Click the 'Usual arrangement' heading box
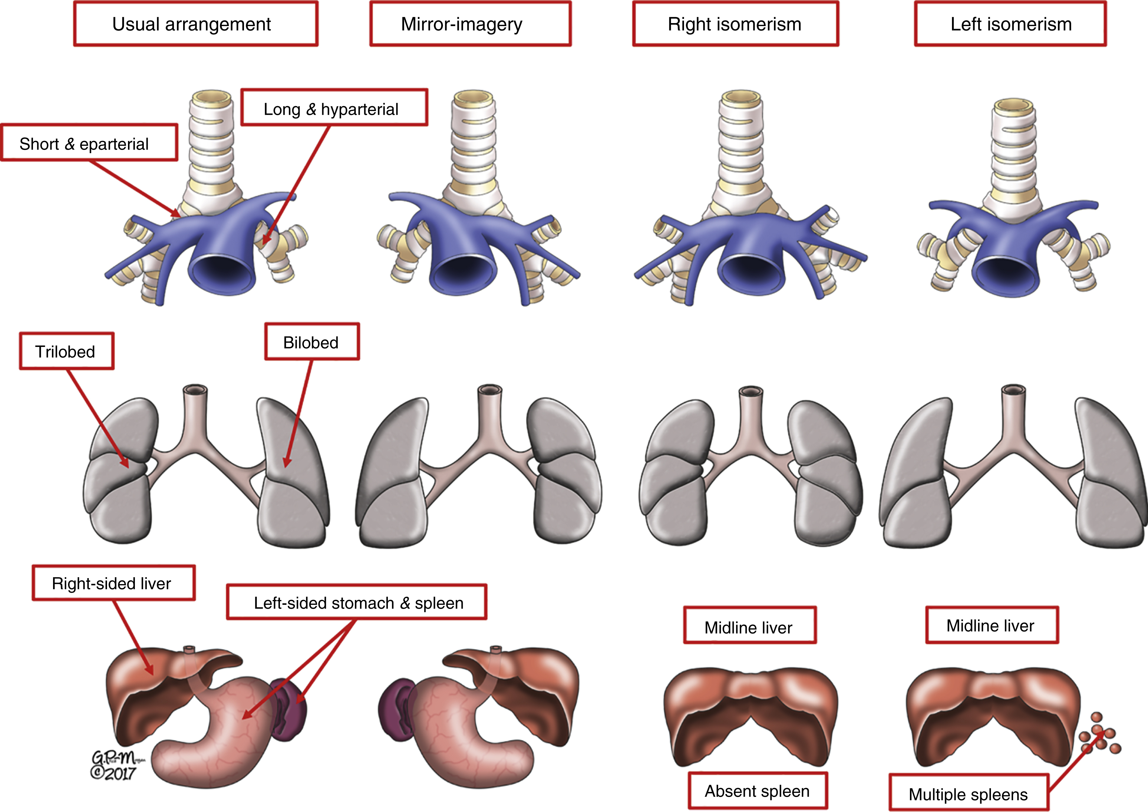[195, 24]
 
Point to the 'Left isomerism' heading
[1010, 24]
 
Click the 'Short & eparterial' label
[89, 144]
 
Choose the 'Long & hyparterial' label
[334, 108]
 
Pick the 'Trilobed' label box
[67, 351]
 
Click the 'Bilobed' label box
[311, 342]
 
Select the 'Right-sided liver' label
[114, 583]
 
